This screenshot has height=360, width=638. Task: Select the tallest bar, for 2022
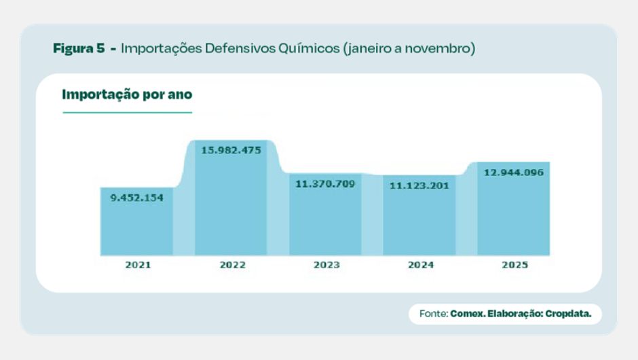coord(231,204)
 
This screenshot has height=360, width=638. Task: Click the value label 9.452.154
coord(137,198)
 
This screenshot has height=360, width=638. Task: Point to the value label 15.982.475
coord(231,150)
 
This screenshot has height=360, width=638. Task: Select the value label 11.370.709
coord(325,183)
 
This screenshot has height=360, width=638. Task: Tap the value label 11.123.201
coord(419,185)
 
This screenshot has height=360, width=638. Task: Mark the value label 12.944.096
coord(513,172)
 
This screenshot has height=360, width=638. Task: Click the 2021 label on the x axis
coord(138,265)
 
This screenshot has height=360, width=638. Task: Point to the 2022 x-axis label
coord(232,265)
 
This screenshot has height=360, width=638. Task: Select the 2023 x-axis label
coord(326,265)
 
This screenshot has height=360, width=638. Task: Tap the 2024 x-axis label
coord(421,265)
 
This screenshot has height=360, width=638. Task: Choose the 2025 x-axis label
coord(514,265)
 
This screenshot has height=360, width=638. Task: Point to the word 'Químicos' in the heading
coord(312,49)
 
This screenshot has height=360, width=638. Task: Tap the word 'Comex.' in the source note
coord(467,314)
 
